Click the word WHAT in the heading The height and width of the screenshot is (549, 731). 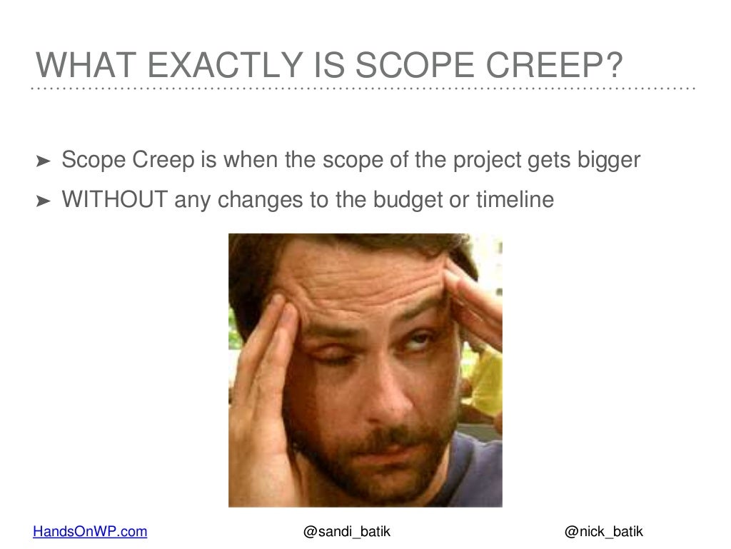pyautogui.click(x=81, y=67)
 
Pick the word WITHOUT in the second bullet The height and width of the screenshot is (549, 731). pyautogui.click(x=115, y=201)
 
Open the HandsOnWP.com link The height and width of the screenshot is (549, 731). pyautogui.click(x=91, y=531)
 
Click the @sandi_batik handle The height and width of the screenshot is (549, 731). pyautogui.click(x=347, y=531)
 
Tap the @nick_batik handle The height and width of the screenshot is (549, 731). pyautogui.click(x=603, y=531)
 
